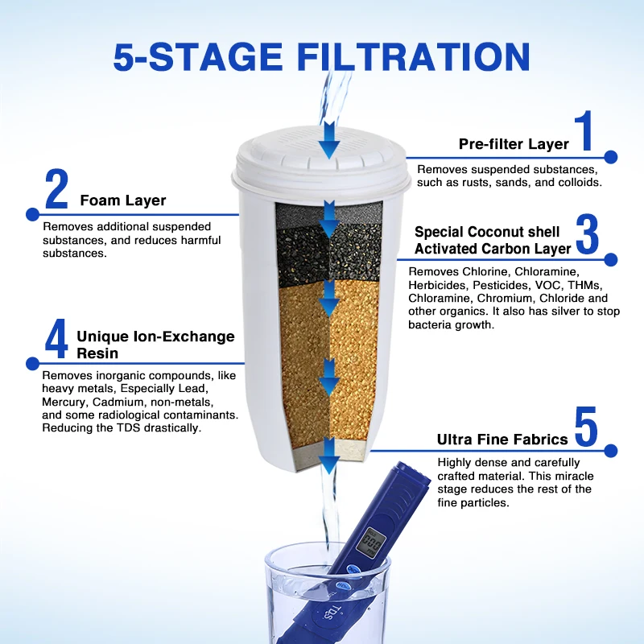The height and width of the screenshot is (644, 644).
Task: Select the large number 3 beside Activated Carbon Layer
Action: coord(588,235)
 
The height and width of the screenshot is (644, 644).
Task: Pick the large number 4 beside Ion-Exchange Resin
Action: coord(56,340)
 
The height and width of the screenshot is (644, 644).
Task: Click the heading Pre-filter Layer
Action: coord(514,144)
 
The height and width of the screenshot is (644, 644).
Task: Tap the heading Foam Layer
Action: coord(122,200)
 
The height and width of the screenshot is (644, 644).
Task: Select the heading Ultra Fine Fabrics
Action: coord(502,440)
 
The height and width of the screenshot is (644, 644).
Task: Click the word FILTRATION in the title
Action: coord(414,57)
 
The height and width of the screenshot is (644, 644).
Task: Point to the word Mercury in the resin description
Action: coord(64,402)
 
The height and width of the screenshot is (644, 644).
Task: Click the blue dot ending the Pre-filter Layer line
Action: coord(610,158)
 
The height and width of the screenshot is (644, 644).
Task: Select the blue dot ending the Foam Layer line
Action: coord(32,214)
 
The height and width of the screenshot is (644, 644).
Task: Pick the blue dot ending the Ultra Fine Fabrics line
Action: coord(610,451)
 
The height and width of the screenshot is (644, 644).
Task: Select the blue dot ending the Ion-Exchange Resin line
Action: coord(32,363)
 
